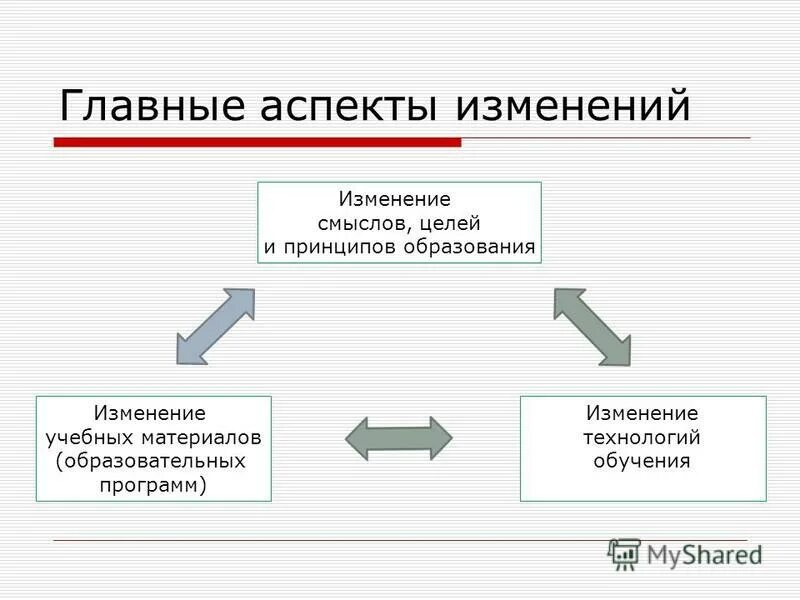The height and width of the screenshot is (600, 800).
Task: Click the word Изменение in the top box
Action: (394, 200)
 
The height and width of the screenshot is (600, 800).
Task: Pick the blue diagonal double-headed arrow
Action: (215, 326)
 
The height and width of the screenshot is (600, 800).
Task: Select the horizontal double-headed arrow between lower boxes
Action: (398, 438)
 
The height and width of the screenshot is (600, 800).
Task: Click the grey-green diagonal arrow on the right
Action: (593, 326)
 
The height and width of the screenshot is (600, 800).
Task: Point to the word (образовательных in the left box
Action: (151, 461)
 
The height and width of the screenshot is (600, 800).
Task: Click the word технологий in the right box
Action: (642, 437)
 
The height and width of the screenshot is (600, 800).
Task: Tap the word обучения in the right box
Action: (642, 461)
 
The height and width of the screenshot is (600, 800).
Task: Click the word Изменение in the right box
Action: (642, 413)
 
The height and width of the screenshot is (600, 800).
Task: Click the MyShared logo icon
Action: (625, 553)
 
